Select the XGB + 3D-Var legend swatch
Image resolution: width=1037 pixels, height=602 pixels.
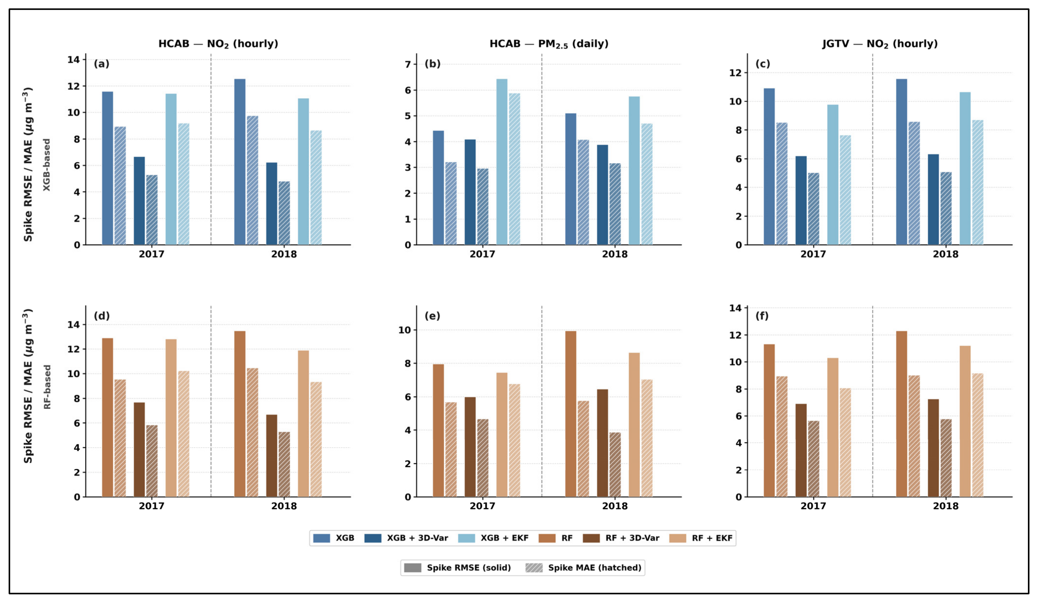[373, 538]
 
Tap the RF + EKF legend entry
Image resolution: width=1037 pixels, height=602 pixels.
[701, 538]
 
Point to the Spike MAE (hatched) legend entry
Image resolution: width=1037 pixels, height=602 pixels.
[584, 568]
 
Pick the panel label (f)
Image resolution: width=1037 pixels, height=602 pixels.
[762, 316]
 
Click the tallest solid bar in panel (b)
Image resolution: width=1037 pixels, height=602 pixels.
[502, 162]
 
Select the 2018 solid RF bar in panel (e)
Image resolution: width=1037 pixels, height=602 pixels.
[571, 414]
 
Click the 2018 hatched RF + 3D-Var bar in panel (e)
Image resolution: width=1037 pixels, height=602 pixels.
[615, 465]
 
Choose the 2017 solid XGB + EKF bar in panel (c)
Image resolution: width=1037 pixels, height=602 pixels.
[833, 175]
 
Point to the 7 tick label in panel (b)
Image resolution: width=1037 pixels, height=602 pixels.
[408, 64]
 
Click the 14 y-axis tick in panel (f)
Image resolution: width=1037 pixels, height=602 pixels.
[735, 308]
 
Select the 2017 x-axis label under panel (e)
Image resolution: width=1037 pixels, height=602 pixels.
[482, 506]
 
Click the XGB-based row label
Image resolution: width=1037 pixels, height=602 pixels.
[47, 165]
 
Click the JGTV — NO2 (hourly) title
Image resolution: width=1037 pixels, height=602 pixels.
[880, 44]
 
